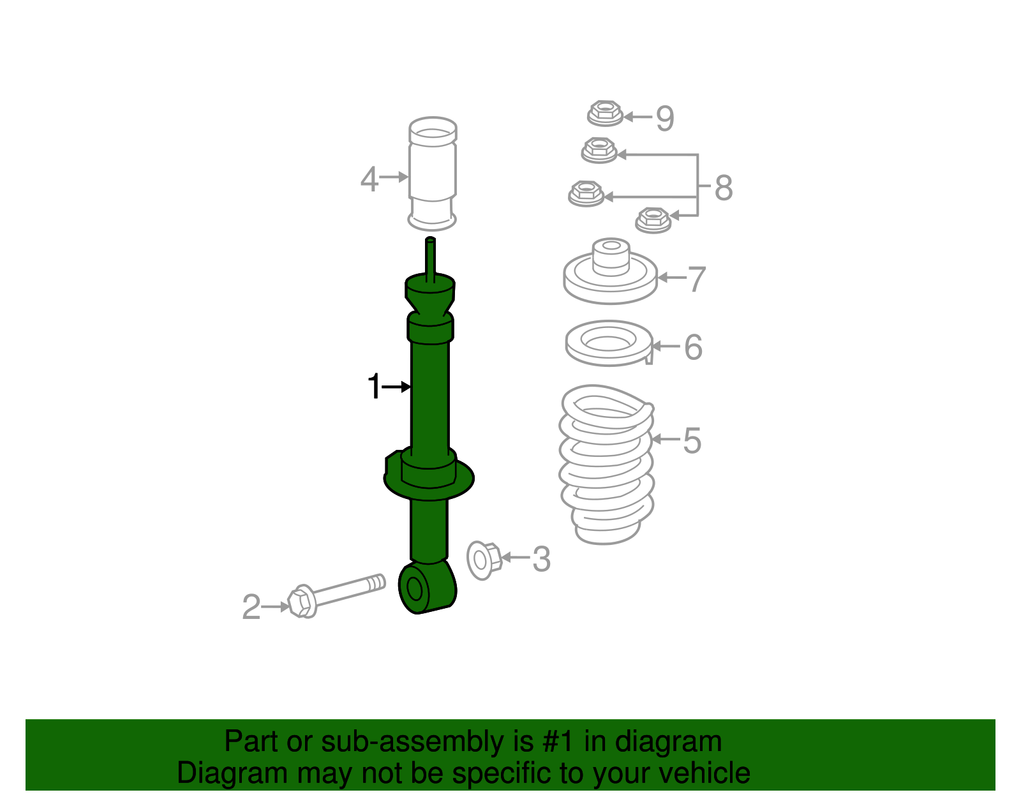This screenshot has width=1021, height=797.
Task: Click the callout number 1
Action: (374, 386)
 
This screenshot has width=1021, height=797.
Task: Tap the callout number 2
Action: (251, 606)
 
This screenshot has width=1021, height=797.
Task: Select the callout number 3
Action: (541, 559)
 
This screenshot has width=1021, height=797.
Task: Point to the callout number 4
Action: (369, 179)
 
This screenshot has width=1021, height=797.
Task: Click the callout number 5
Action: (692, 440)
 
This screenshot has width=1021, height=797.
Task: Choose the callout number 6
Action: (694, 348)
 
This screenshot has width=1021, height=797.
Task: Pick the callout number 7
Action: (696, 279)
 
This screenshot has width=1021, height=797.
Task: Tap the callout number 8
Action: (724, 188)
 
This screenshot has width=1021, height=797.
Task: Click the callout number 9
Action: (665, 118)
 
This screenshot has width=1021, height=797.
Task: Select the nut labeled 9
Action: (605, 113)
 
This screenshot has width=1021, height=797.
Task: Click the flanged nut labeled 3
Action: (484, 560)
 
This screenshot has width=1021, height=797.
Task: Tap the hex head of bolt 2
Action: (301, 602)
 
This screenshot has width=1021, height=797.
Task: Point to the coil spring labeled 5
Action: (606, 465)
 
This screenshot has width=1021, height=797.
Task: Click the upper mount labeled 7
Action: (610, 271)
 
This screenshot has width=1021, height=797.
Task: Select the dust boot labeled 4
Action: (432, 174)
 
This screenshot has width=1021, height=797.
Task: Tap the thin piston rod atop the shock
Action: (430, 260)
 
